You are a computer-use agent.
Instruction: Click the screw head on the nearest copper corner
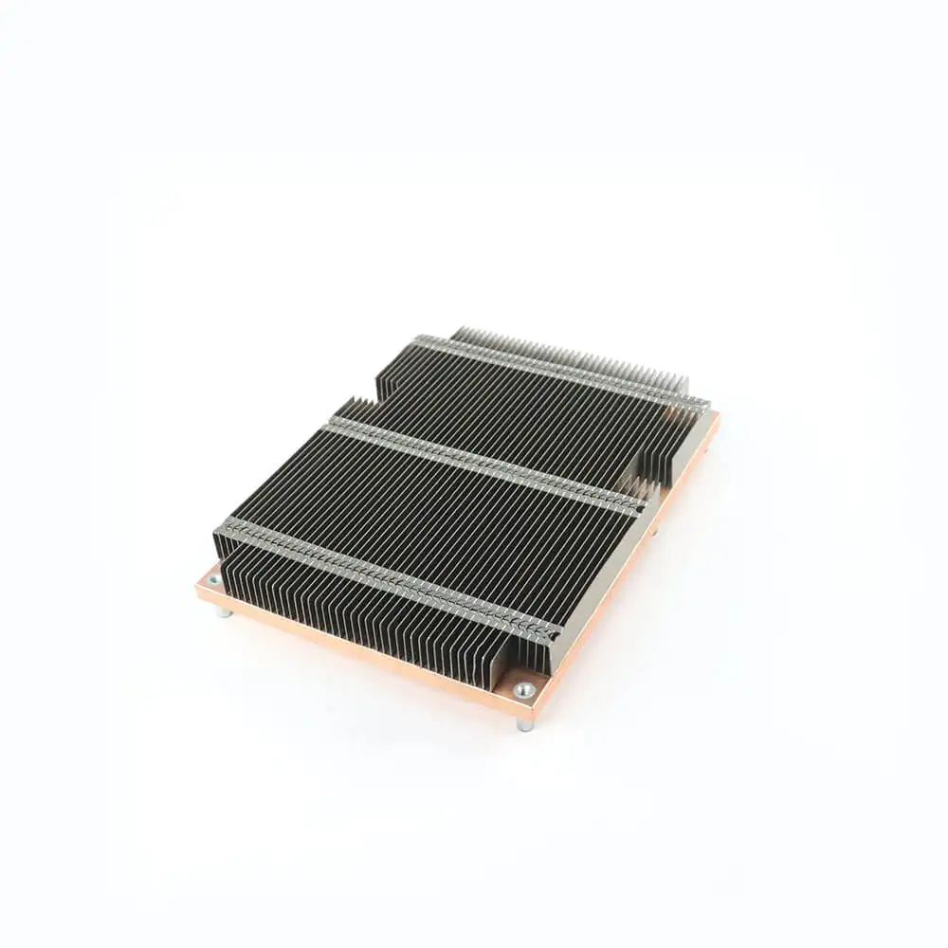(523, 689)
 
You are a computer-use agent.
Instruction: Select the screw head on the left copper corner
(213, 579)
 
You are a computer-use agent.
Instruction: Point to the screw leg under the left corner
(224, 611)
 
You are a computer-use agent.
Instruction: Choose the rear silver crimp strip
(559, 370)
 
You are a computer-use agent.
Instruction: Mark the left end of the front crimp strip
(224, 527)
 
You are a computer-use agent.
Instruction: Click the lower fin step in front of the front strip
(360, 607)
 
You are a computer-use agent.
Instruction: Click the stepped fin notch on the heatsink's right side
(659, 474)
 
